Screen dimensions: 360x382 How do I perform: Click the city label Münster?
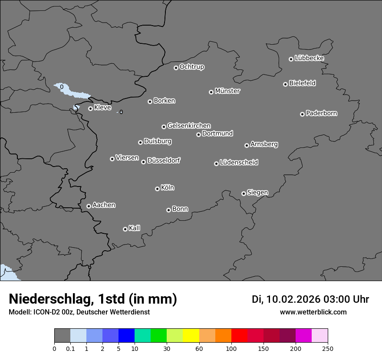(x=227, y=91)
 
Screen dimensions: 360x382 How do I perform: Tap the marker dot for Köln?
(x=157, y=189)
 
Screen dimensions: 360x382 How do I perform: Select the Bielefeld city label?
(x=302, y=83)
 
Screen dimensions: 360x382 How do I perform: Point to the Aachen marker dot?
(x=89, y=206)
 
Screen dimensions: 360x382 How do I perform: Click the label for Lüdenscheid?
(x=239, y=163)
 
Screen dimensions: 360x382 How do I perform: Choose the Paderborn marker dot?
(x=302, y=114)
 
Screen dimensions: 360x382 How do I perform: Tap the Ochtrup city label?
(x=192, y=67)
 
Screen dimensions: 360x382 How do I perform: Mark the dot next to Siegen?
(x=244, y=193)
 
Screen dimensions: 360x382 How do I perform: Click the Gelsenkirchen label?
(x=189, y=126)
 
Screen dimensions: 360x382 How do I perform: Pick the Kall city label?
(x=135, y=228)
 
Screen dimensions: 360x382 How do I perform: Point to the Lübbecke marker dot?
(x=291, y=59)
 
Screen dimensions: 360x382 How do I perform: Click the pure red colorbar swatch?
(x=239, y=336)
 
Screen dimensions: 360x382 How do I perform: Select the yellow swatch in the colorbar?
(x=191, y=336)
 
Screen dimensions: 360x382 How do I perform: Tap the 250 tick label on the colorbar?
(x=328, y=348)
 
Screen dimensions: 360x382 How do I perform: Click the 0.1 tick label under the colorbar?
(x=70, y=348)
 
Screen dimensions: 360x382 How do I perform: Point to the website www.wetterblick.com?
(x=313, y=312)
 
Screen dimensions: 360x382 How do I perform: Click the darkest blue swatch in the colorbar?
(x=126, y=336)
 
